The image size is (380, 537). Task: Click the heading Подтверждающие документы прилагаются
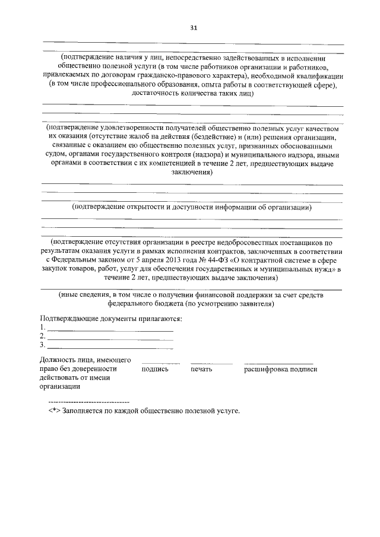[110, 319]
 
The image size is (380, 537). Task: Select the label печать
[201, 369]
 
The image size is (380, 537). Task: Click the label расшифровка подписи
[281, 369]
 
